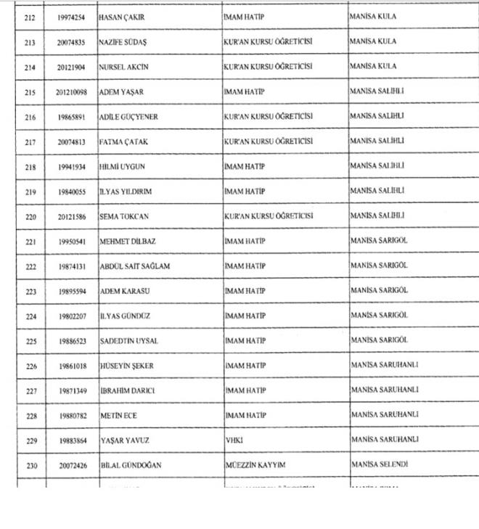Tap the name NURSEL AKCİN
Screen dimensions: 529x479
click(124, 67)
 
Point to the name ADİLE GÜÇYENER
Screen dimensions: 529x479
click(128, 117)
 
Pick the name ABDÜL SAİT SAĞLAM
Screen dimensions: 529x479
click(134, 266)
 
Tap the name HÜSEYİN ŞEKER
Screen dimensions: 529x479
click(126, 366)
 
